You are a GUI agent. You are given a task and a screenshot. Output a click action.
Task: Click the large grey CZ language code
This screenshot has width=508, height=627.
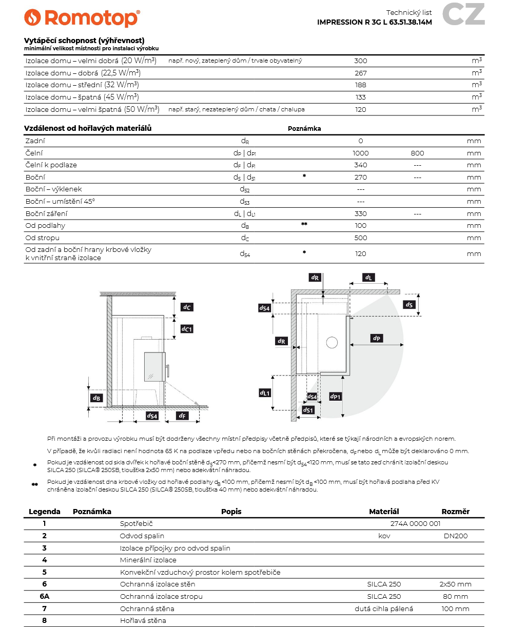coord(463,14)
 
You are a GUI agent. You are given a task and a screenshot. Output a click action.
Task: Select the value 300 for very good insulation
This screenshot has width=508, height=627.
coord(361,61)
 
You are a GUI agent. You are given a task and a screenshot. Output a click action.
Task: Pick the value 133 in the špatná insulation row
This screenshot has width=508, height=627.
coord(361,97)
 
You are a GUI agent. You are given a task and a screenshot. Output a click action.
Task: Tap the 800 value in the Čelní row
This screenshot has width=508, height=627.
coord(417,153)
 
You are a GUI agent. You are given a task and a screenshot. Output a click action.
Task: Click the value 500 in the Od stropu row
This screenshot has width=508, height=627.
coord(361,238)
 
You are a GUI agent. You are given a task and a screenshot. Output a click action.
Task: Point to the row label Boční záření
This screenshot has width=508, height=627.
coord(46,213)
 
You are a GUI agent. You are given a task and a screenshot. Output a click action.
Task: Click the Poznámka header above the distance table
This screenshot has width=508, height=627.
coord(304,129)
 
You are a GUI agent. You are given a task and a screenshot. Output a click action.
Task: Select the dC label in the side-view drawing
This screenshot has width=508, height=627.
coord(187,307)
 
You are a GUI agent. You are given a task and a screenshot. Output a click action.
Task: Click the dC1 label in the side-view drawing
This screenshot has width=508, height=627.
coord(187,329)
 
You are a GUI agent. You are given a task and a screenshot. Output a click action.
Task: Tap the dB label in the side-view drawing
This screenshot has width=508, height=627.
coord(96,398)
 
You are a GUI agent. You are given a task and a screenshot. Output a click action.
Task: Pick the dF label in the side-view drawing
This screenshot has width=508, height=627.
coord(182,416)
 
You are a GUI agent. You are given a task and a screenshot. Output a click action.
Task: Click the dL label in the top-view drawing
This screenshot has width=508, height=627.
coord(368,278)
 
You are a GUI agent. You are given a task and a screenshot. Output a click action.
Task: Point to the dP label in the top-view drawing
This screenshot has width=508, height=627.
coord(377,338)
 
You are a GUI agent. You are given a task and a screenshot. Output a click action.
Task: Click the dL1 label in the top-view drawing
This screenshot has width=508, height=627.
coord(264,393)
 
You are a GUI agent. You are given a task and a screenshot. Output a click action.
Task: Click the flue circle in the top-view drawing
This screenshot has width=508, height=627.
coord(332,342)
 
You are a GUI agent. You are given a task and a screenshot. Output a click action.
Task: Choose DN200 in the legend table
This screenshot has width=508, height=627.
coord(456,536)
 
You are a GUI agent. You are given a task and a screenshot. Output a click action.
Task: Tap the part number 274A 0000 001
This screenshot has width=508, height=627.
coord(415,524)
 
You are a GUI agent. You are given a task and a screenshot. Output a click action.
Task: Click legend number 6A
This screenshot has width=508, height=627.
coord(45,597)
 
